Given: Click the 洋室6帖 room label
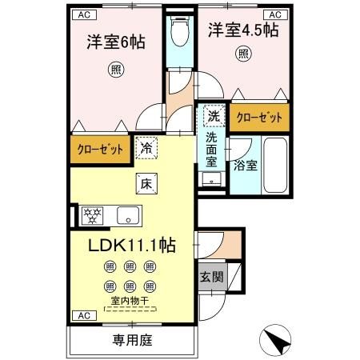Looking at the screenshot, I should [x=116, y=42].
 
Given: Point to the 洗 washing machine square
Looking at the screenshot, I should [x=213, y=115].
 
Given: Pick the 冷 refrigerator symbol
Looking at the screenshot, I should [x=147, y=147].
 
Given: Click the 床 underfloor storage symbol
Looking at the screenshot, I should [x=146, y=182].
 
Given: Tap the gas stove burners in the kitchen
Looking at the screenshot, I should [x=94, y=215].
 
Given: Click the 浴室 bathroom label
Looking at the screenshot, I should [x=245, y=166].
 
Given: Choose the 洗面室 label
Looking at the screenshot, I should [x=212, y=150].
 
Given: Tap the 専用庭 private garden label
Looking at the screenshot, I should [x=131, y=338].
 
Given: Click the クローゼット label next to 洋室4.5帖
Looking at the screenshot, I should [x=260, y=118].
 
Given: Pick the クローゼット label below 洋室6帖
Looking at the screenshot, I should [x=100, y=149].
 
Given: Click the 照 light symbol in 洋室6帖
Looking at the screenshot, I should [x=118, y=70].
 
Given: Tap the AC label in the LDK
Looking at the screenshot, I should [x=84, y=316].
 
